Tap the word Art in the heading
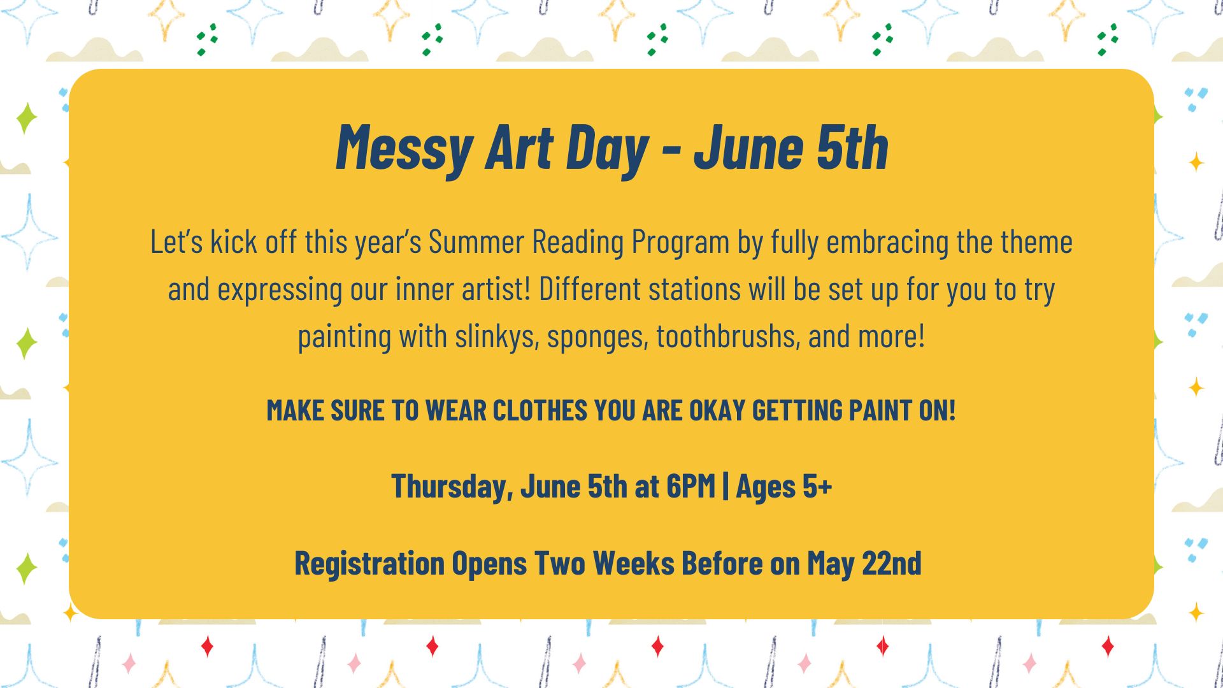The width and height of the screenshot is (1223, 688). point(519,148)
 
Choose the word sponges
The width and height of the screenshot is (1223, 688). point(597,336)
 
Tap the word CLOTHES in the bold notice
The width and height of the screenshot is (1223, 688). point(540,410)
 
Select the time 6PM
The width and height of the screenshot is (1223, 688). point(690,487)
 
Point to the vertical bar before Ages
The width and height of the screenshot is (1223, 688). point(726,487)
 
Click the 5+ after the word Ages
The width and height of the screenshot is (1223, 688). point(817,487)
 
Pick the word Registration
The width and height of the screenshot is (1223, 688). point(369,563)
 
